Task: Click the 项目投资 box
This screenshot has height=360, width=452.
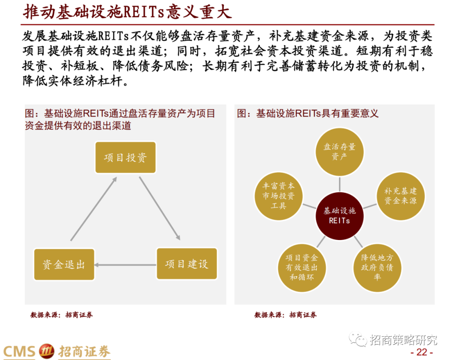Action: [125, 158]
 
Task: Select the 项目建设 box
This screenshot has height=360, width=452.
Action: [187, 264]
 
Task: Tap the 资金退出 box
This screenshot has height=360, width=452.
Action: [64, 264]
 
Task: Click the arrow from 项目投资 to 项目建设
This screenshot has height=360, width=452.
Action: [159, 208]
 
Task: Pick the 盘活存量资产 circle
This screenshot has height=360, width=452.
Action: [339, 152]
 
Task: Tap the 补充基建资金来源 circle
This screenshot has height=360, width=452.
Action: [401, 196]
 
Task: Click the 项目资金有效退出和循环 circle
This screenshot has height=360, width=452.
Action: [301, 268]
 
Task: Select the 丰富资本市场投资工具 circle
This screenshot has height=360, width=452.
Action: [278, 196]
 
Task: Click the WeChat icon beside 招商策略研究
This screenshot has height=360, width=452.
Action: [358, 339]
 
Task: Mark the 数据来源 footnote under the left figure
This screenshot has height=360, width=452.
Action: [62, 315]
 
